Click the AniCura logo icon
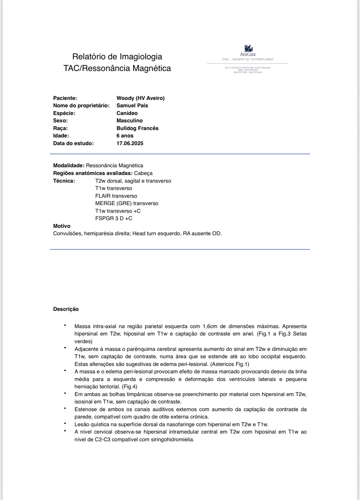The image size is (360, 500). point(248,48)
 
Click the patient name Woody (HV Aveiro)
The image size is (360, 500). point(140,98)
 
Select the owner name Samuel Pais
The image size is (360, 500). point(132,105)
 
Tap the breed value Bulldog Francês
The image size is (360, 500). point(137,128)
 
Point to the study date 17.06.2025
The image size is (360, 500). point(130,143)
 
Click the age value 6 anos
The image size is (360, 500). point(125,136)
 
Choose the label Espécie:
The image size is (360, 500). point(64,113)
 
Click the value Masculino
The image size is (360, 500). point(130,121)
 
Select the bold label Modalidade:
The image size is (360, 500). point(69,165)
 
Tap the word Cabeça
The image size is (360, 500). point(143,173)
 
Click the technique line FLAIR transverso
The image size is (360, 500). point(116,196)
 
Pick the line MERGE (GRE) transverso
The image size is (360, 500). point(126,203)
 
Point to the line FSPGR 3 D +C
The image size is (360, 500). point(114,218)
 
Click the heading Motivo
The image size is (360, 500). point(62,226)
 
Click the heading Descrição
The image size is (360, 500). point(66,309)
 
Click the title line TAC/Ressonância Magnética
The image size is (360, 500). point(117,68)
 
